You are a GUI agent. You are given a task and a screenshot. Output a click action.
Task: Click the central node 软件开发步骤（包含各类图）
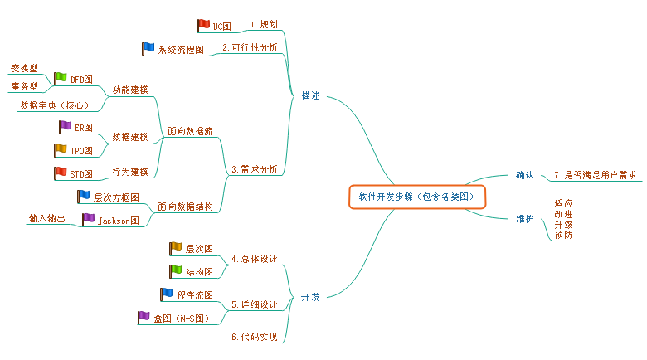pyautogui.click(x=416, y=197)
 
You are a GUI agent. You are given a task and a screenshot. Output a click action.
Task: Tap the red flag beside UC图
pyautogui.click(x=203, y=25)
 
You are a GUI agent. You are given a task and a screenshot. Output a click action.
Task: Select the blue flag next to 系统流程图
pyautogui.click(x=148, y=48)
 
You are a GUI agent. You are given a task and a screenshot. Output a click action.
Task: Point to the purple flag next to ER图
pyautogui.click(x=65, y=126)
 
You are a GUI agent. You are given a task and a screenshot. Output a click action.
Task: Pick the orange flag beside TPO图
pyautogui.click(x=60, y=149)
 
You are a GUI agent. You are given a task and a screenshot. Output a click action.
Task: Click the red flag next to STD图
pyautogui.click(x=59, y=173)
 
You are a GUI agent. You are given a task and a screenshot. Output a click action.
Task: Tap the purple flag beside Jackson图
pyautogui.click(x=88, y=219)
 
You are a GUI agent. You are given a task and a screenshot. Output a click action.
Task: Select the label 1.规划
pyautogui.click(x=264, y=26)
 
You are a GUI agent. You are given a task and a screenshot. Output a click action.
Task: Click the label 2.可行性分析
pyautogui.click(x=250, y=48)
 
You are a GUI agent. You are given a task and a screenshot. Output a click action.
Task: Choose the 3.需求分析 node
pyautogui.click(x=256, y=170)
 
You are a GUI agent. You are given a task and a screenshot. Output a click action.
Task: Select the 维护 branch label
pyautogui.click(x=524, y=219)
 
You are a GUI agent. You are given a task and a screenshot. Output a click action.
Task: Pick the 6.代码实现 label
pyautogui.click(x=254, y=337)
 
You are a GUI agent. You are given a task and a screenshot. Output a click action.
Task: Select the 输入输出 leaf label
pyautogui.click(x=46, y=218)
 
